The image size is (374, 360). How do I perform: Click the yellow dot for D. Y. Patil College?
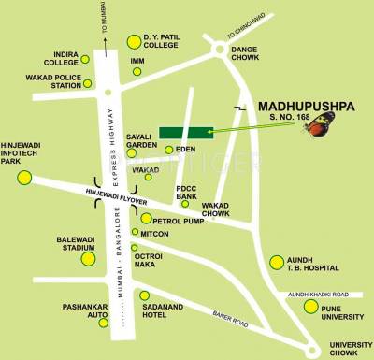[133, 41]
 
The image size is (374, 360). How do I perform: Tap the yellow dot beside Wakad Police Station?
[88, 85]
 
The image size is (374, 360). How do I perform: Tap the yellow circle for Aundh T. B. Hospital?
[277, 262]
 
